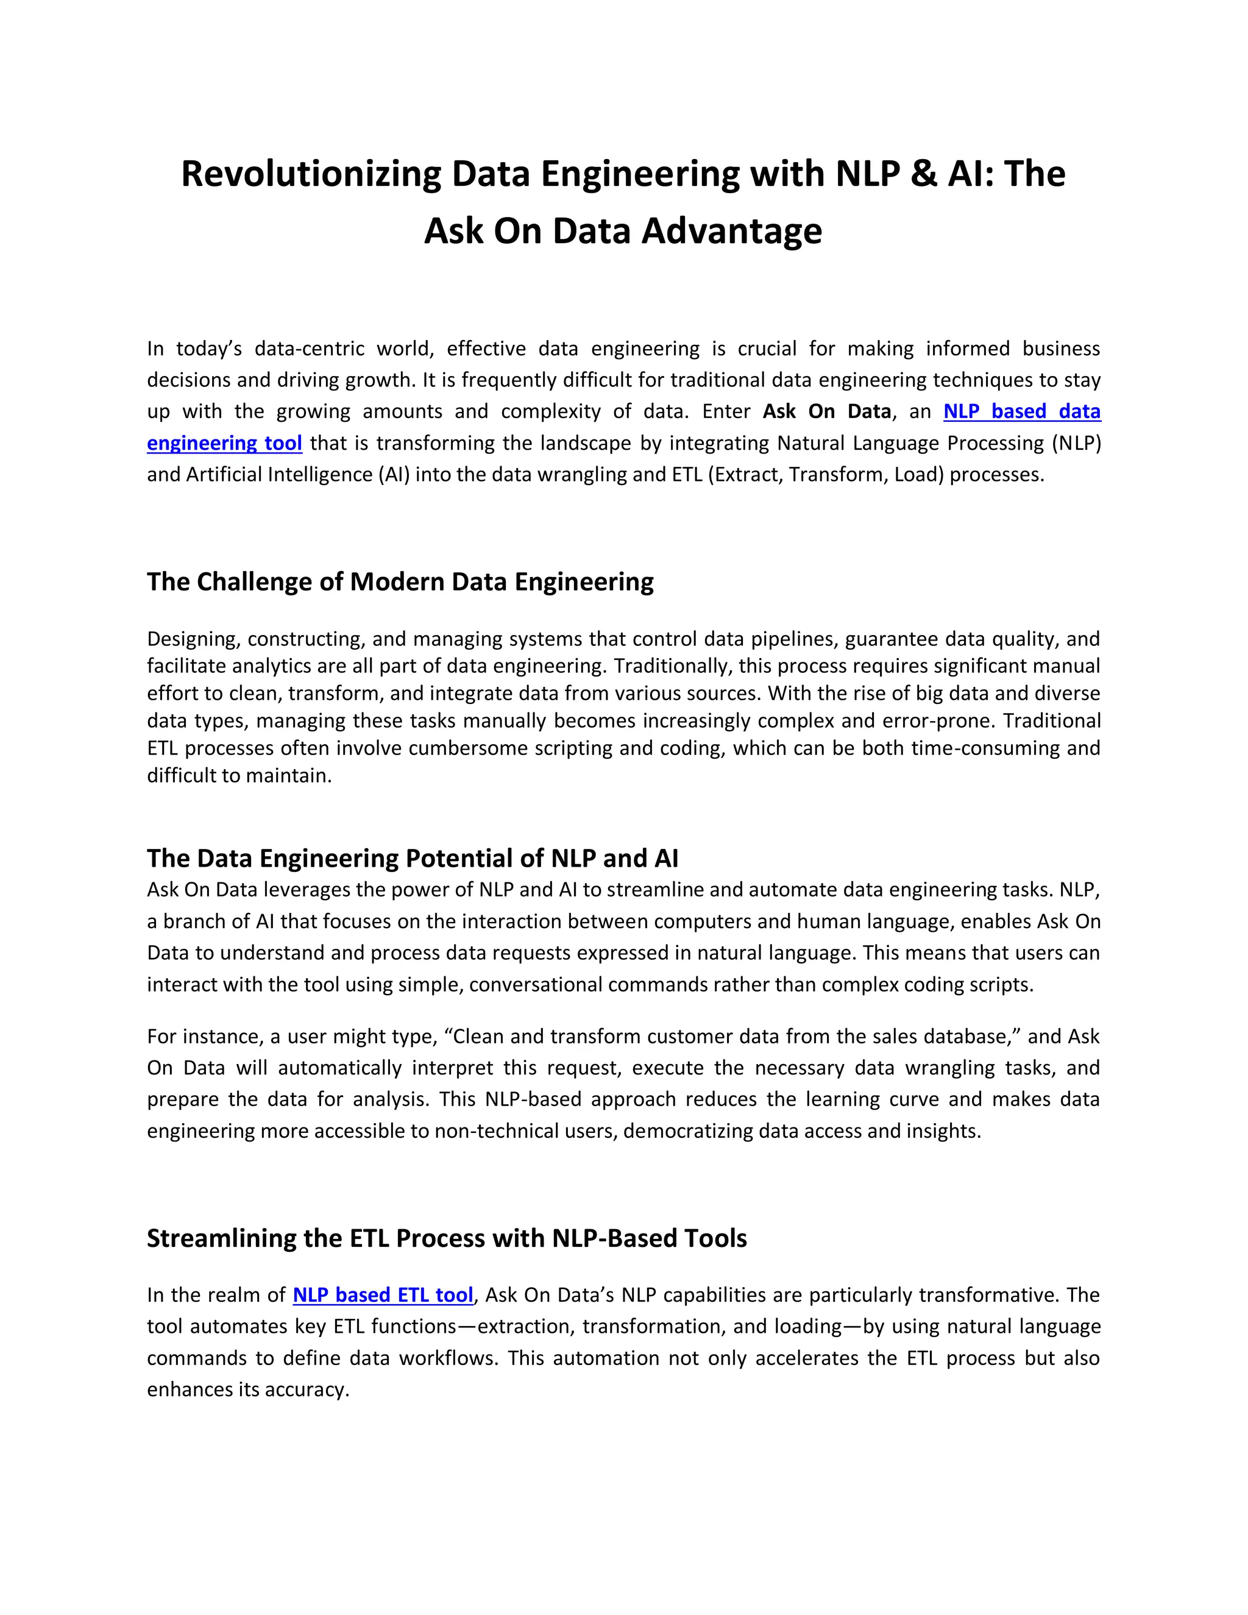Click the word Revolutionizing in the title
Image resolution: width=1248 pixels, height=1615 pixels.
click(311, 174)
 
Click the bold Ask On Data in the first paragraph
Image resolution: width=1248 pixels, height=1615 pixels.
click(826, 411)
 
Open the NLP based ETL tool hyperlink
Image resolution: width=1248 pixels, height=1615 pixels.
click(382, 1295)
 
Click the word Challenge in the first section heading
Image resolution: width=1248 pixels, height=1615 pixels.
click(254, 582)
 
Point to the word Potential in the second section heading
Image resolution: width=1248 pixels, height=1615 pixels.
click(458, 858)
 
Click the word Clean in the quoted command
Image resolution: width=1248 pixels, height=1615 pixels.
click(478, 1037)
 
